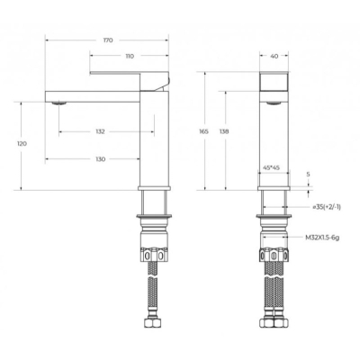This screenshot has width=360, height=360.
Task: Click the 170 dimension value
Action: point(108,40)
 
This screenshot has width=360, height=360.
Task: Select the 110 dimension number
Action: point(130,56)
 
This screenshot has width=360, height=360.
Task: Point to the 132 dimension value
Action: point(100,131)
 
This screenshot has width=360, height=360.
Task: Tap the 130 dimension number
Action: point(101,159)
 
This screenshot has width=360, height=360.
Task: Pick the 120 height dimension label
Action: point(22,144)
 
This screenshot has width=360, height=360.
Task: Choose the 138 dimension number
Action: point(224,131)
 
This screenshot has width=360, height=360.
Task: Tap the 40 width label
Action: point(274,56)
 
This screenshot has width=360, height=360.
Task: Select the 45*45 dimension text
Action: point(271,167)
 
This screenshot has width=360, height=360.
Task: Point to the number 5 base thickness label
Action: point(309,174)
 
